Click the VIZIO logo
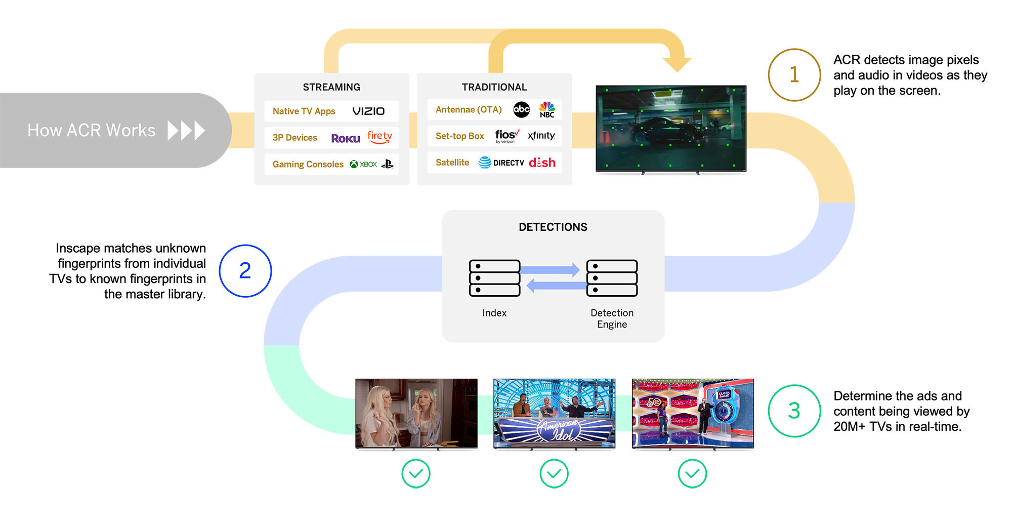coord(368,111)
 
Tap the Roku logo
coord(346,138)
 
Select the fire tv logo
coord(379,137)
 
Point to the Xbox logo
coord(363,164)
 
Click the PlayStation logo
coord(388,164)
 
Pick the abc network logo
coord(521,109)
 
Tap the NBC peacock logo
coord(547,109)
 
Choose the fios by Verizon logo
coord(507,136)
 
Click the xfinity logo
coord(541,136)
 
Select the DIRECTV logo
coord(501,163)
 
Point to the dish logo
coord(542,163)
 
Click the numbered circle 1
coord(794,75)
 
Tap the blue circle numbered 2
coord(245,271)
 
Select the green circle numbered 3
coord(794,411)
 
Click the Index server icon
coord(494,278)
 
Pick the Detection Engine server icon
coord(612,278)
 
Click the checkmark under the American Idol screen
coord(554,473)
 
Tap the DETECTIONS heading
coord(553,227)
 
